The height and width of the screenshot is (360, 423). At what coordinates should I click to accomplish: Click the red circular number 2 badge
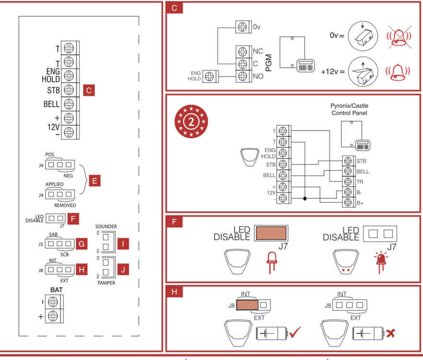(x=191, y=121)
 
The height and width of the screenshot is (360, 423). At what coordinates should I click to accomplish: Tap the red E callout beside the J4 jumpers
(x=94, y=180)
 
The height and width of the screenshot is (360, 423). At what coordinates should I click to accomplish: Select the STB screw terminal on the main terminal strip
(x=69, y=90)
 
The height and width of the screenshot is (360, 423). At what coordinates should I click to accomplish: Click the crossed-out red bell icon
(x=399, y=37)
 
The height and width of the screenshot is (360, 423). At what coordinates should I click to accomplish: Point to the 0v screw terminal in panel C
(x=242, y=27)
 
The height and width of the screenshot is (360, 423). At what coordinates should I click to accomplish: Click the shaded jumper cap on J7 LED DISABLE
(x=271, y=233)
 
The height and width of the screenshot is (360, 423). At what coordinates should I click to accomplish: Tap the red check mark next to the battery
(x=295, y=332)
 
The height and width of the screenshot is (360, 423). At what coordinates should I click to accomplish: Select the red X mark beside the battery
(x=390, y=333)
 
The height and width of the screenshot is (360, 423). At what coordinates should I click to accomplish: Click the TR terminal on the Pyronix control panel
(x=348, y=181)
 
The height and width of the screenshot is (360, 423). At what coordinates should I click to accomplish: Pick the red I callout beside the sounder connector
(x=123, y=244)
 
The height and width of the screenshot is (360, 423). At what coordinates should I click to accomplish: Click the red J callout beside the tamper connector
(x=123, y=269)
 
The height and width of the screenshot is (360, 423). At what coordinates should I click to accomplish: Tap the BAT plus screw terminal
(x=53, y=316)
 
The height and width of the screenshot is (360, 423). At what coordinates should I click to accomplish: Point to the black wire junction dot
(x=305, y=199)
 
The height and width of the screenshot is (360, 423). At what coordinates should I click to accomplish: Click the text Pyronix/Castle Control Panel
(x=349, y=109)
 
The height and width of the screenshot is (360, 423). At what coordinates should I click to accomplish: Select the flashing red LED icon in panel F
(x=381, y=262)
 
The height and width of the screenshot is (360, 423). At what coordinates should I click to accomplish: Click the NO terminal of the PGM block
(x=243, y=76)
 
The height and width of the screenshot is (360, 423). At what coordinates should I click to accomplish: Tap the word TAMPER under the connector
(x=106, y=283)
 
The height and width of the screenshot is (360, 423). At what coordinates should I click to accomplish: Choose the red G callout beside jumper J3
(x=82, y=244)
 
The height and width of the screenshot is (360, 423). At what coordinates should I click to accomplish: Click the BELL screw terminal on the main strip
(x=69, y=104)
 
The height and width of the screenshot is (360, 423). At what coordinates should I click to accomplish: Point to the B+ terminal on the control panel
(x=348, y=202)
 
